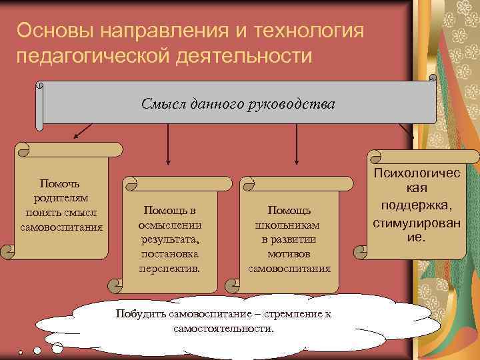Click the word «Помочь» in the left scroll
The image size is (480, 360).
click(61, 183)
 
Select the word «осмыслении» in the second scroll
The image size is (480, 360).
click(170, 225)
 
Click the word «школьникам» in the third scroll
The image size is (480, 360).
click(289, 225)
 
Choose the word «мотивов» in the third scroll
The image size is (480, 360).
click(289, 254)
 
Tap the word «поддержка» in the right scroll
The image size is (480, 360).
click(418, 202)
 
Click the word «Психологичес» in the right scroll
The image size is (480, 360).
click(418, 173)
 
